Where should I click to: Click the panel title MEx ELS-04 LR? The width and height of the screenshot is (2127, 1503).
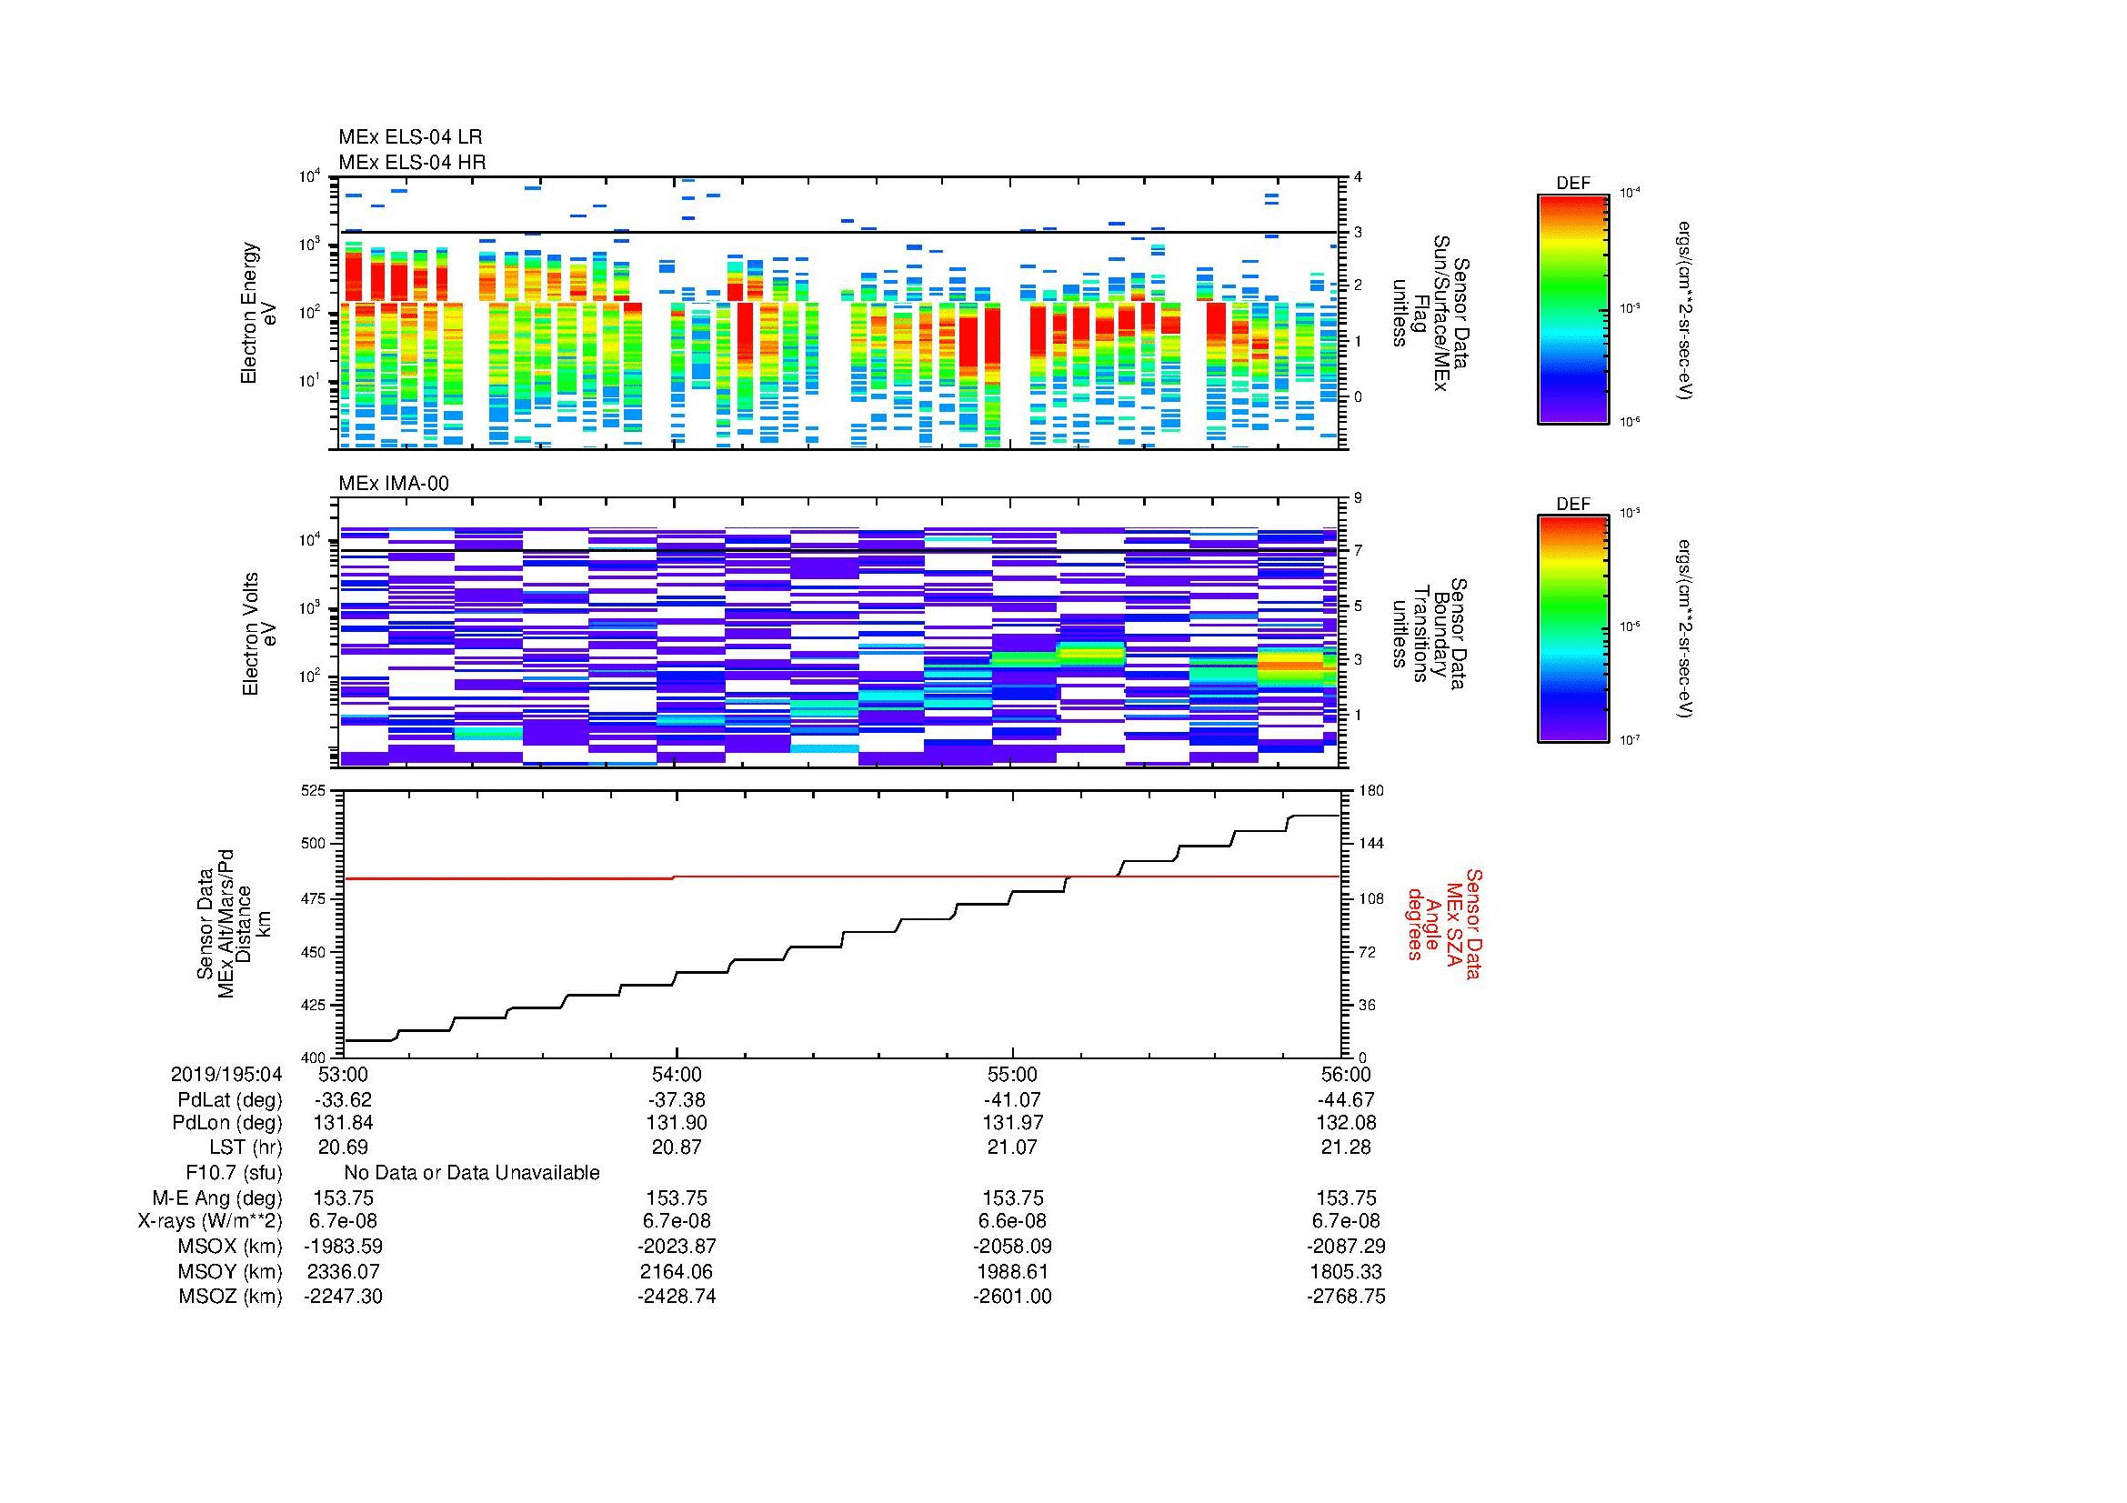pyautogui.click(x=409, y=137)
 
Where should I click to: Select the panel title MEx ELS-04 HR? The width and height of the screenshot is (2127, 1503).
pyautogui.click(x=411, y=162)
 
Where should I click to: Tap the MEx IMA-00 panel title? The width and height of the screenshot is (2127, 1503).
pyautogui.click(x=393, y=484)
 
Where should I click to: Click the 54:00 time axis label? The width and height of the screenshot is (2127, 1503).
pyautogui.click(x=677, y=1074)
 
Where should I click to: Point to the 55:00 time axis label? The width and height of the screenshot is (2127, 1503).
pyautogui.click(x=1012, y=1074)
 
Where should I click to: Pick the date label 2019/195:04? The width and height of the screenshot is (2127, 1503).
pyautogui.click(x=226, y=1074)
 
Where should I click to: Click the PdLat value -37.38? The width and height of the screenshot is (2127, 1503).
pyautogui.click(x=677, y=1100)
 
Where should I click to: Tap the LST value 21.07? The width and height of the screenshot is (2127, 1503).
pyautogui.click(x=1012, y=1147)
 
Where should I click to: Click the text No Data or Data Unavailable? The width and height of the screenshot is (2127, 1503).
pyautogui.click(x=472, y=1173)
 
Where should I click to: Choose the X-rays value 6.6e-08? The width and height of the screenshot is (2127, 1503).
pyautogui.click(x=1012, y=1221)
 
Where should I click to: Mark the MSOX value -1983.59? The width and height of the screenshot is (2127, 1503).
pyautogui.click(x=343, y=1247)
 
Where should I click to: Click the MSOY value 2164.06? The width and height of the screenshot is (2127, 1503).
pyautogui.click(x=677, y=1271)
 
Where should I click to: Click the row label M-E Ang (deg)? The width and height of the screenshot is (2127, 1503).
pyautogui.click(x=217, y=1198)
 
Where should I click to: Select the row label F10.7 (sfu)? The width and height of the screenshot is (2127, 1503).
pyautogui.click(x=234, y=1173)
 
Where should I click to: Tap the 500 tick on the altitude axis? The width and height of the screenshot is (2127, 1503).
pyautogui.click(x=314, y=844)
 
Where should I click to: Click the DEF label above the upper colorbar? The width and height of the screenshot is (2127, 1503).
pyautogui.click(x=1572, y=184)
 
